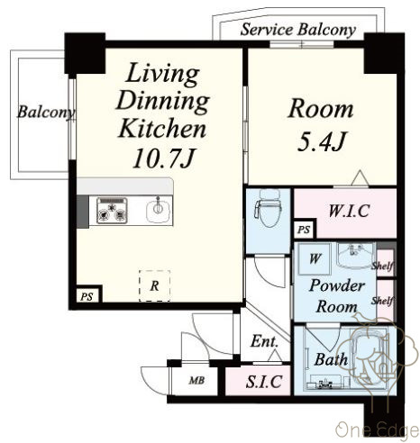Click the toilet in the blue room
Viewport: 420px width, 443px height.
[x=268, y=207]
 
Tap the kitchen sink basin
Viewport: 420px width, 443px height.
[x=159, y=211]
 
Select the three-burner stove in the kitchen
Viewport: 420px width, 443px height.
[x=112, y=210]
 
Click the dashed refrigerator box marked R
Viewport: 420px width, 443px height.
[x=154, y=285]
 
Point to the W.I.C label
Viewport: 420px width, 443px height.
[x=349, y=211]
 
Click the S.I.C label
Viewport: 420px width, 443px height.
[x=264, y=382]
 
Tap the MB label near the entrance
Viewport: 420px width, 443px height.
[x=196, y=381]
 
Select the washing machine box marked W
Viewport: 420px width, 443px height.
[x=315, y=258]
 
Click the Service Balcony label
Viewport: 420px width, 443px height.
[x=298, y=30]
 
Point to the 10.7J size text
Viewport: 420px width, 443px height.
[x=164, y=158]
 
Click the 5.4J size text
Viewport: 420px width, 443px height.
[x=322, y=141]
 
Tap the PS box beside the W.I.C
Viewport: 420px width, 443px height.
[x=304, y=230]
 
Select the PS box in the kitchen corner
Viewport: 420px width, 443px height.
[x=87, y=296]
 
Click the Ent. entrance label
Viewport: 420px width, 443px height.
[x=264, y=341]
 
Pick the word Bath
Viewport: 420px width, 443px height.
[x=331, y=359]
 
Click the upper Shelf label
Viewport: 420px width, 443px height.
[x=382, y=266]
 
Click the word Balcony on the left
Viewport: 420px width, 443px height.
[x=46, y=113]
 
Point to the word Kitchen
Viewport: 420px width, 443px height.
[x=162, y=129]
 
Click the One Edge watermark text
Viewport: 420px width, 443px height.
[x=378, y=429]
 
